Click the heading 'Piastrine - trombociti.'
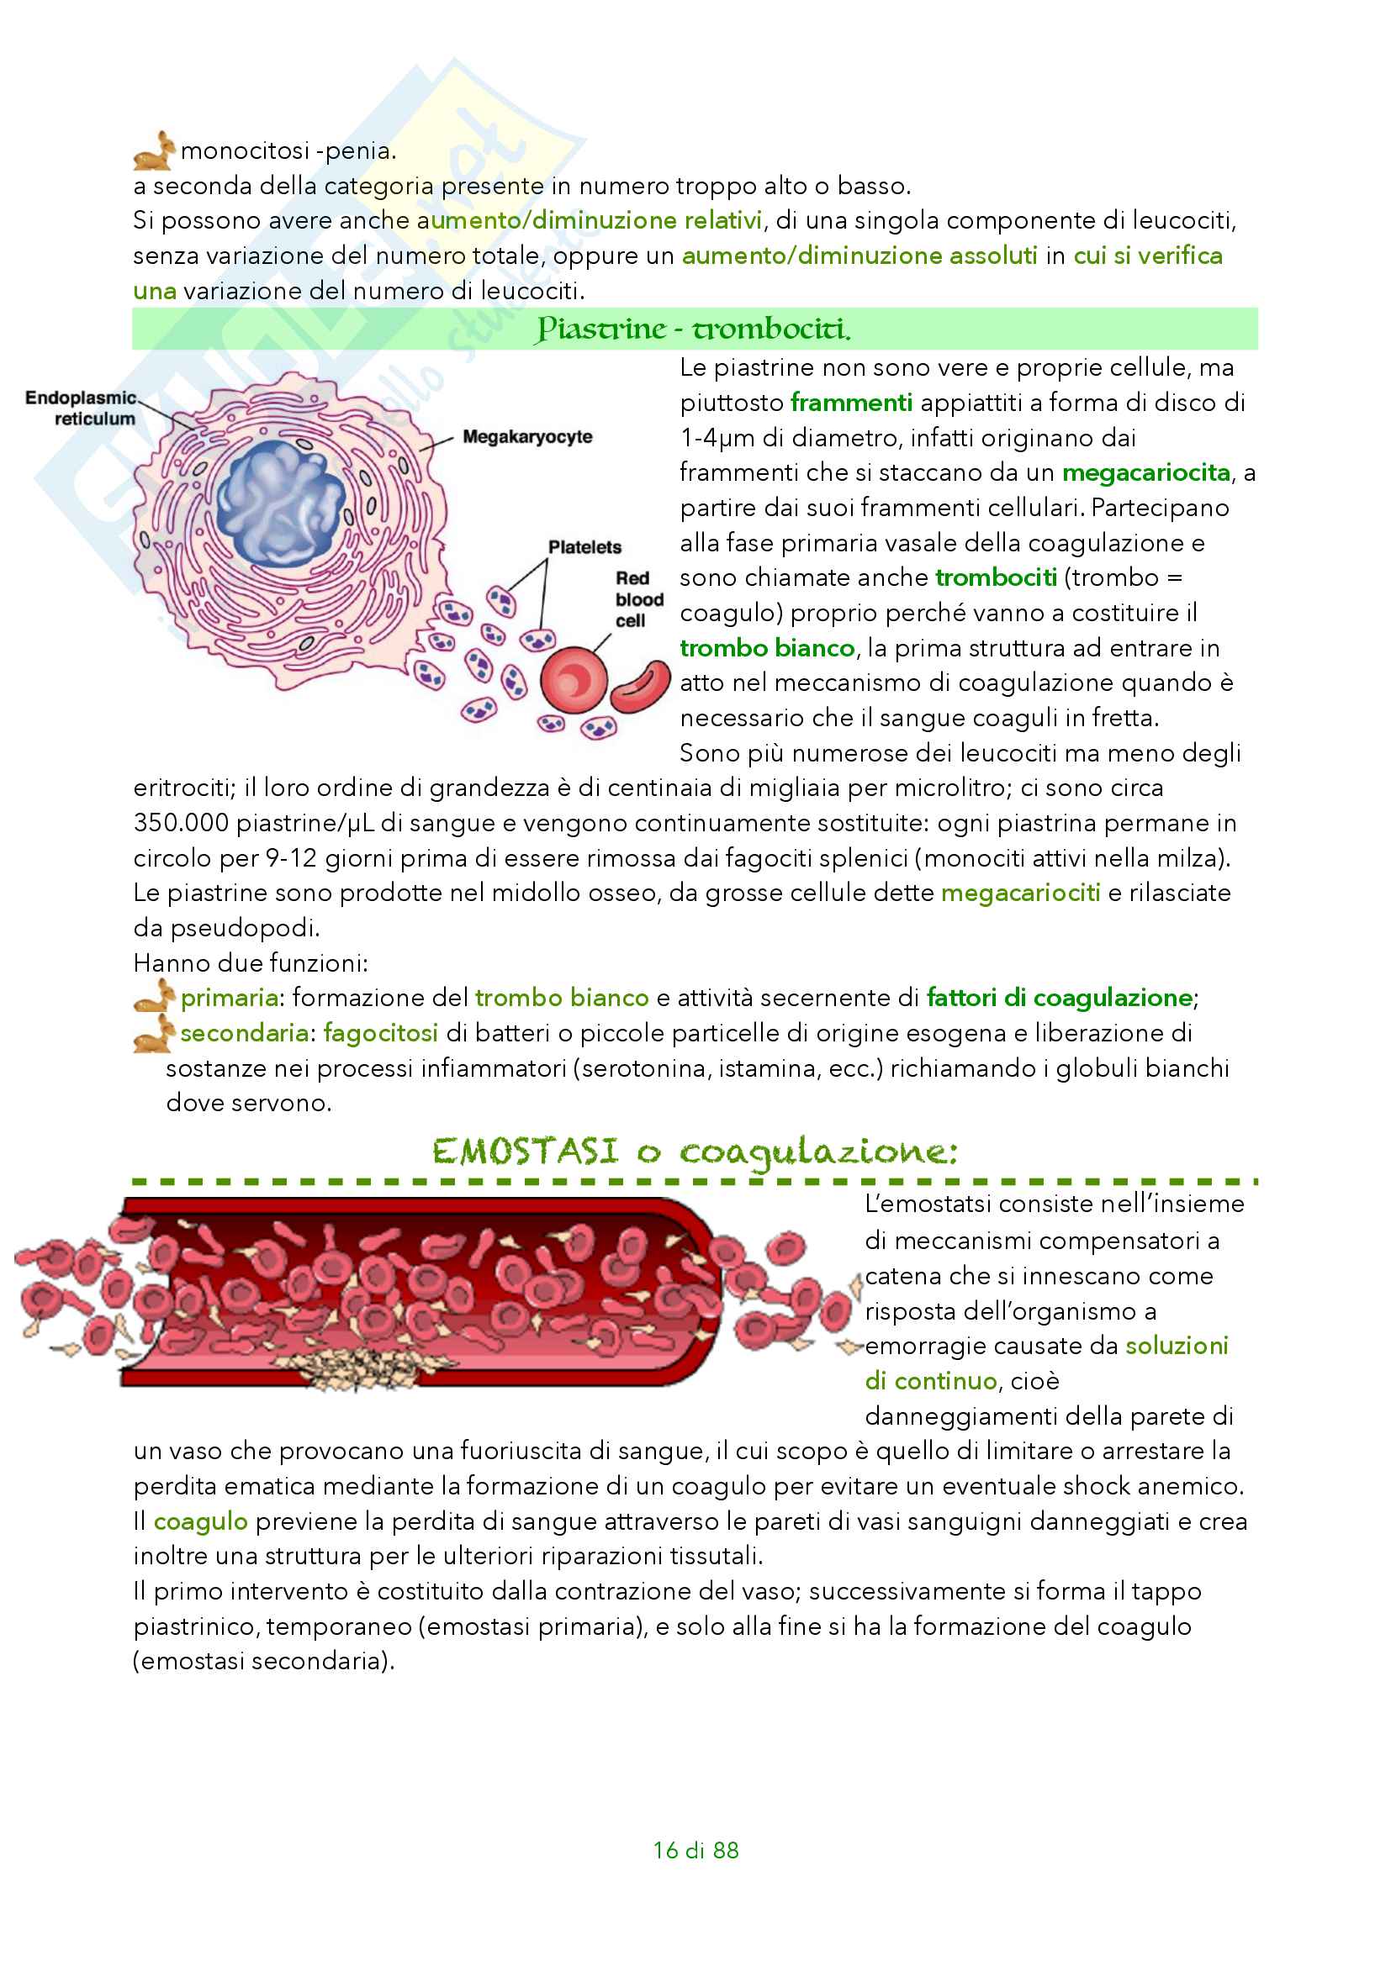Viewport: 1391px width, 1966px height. pyautogui.click(x=694, y=329)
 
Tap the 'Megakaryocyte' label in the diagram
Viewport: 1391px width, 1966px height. pyautogui.click(x=526, y=437)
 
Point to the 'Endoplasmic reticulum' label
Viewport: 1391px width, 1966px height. pyautogui.click(x=82, y=408)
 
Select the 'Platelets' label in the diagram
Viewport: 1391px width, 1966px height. pyautogui.click(x=584, y=547)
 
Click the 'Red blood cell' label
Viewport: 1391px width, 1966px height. pyautogui.click(x=638, y=599)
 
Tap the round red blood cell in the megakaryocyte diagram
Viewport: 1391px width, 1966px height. pyautogui.click(x=573, y=681)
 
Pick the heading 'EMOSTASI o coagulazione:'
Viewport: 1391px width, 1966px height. pyautogui.click(x=694, y=1152)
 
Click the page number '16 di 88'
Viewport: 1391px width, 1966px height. pyautogui.click(x=695, y=1849)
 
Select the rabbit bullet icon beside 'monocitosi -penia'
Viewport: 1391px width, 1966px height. pyautogui.click(x=154, y=150)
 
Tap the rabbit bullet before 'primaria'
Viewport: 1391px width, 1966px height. pyautogui.click(x=154, y=997)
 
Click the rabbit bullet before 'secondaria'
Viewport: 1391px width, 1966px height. pyautogui.click(x=154, y=1033)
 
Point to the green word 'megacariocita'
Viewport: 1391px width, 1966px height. pyautogui.click(x=1146, y=472)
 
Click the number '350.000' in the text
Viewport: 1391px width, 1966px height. pyautogui.click(x=181, y=823)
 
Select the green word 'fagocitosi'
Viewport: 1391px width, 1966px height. pyautogui.click(x=380, y=1034)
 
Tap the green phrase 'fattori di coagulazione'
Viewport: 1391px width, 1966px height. pyautogui.click(x=1060, y=998)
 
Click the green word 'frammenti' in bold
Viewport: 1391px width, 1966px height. pyautogui.click(x=851, y=403)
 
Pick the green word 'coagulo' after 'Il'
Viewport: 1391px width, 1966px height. pyautogui.click(x=200, y=1521)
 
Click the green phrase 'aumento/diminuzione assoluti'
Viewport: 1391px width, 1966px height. pyautogui.click(x=859, y=256)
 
